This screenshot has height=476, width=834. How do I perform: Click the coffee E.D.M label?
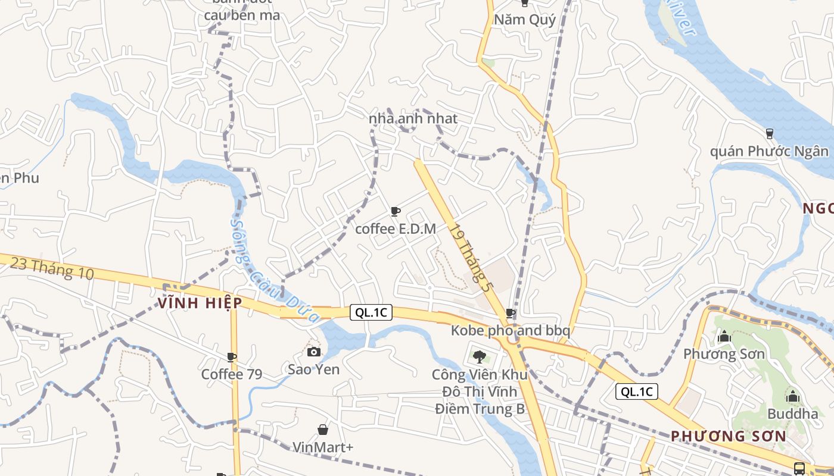(x=396, y=228)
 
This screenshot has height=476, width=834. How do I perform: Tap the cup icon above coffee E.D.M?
(x=395, y=211)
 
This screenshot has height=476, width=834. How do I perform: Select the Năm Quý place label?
(x=525, y=20)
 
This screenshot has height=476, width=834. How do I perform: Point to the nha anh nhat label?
(x=413, y=118)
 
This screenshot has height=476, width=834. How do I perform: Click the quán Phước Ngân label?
(x=769, y=151)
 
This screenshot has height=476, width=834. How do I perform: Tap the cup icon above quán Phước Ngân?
(x=769, y=133)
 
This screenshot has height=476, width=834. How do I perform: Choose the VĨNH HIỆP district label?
(x=200, y=303)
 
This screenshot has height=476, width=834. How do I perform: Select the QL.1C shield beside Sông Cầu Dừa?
(x=371, y=312)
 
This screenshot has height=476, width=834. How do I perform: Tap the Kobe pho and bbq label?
(x=511, y=330)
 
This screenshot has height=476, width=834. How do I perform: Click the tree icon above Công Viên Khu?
(x=479, y=357)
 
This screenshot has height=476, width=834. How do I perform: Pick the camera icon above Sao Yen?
(x=314, y=352)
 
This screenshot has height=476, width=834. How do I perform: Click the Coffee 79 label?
(x=231, y=374)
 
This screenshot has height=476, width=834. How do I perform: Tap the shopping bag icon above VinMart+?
(x=322, y=430)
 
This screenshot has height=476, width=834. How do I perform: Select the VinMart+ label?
(x=323, y=447)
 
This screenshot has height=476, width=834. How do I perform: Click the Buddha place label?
(x=792, y=414)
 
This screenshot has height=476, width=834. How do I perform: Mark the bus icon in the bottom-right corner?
(x=799, y=468)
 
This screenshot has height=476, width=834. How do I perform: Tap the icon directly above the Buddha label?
(x=792, y=396)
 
